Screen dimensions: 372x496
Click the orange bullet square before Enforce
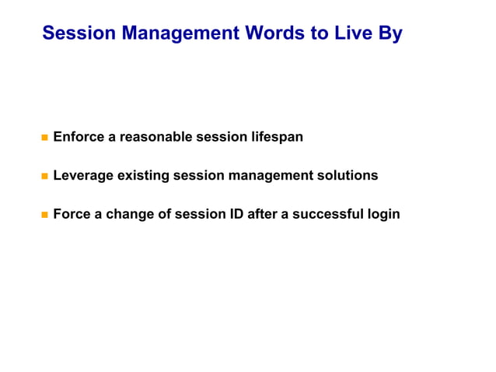(x=44, y=138)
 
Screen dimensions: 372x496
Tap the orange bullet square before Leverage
(x=44, y=176)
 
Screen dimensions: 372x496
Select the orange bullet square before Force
(x=44, y=214)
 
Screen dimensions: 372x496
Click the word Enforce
(x=79, y=137)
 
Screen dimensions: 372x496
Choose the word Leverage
(x=83, y=175)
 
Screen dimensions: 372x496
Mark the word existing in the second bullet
(x=143, y=175)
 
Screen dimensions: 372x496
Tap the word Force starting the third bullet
(x=72, y=213)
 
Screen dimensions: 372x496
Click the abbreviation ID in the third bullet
(x=236, y=213)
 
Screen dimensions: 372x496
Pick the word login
(x=383, y=213)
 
